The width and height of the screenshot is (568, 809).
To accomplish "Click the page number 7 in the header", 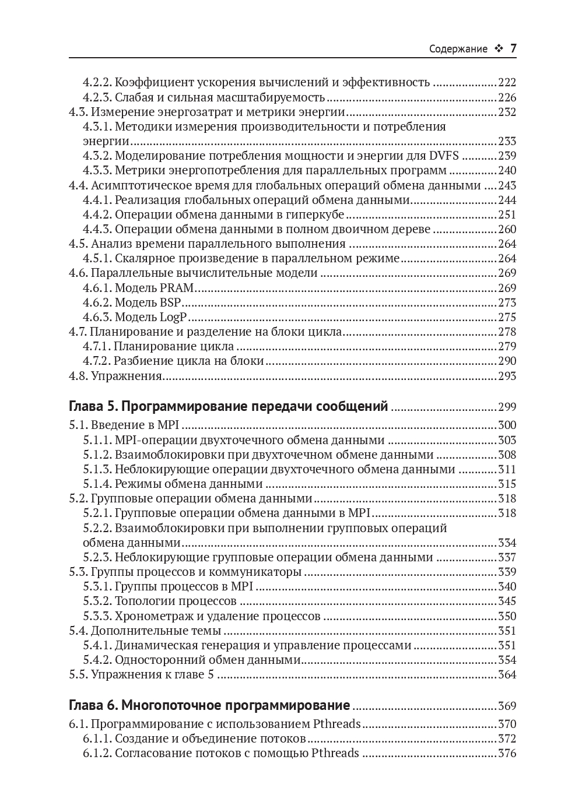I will (513, 48).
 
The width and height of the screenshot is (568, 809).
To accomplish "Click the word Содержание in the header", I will (458, 49).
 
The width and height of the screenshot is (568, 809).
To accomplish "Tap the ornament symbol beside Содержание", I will (498, 49).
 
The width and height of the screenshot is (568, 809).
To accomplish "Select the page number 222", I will (507, 83).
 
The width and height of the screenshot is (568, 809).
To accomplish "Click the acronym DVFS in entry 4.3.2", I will (444, 156).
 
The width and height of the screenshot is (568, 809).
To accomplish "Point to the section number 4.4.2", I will (97, 214).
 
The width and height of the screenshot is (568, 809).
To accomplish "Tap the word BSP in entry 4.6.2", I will (170, 303).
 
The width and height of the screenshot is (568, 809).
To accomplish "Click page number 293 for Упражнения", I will (507, 376).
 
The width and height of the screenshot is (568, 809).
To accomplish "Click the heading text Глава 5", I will (93, 406).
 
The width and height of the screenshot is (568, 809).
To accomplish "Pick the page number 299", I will (507, 407).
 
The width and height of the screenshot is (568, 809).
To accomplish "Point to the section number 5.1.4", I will (97, 484).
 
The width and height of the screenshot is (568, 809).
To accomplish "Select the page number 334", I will (507, 543).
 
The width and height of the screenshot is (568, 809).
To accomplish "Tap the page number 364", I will (507, 675).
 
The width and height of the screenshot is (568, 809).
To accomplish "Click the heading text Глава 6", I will (93, 705).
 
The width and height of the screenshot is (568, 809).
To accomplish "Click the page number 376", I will (507, 754).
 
